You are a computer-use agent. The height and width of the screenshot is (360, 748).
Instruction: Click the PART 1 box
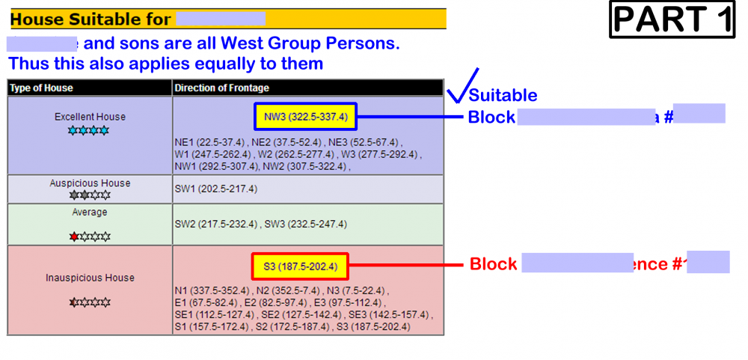(673, 19)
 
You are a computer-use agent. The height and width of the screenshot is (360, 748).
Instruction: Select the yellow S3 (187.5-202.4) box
(300, 266)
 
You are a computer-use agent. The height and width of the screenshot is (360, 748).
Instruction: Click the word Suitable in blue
(503, 95)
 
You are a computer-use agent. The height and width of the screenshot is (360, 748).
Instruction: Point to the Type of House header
(41, 88)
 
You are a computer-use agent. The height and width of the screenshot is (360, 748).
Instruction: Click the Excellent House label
(90, 117)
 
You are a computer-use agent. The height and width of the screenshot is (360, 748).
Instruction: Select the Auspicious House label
(90, 183)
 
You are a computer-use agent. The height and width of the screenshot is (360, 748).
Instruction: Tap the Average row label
(90, 213)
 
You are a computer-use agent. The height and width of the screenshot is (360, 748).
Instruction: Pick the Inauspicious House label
(90, 278)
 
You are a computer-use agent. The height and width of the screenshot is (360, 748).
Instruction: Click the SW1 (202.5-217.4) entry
(216, 189)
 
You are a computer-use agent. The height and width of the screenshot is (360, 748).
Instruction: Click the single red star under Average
(74, 237)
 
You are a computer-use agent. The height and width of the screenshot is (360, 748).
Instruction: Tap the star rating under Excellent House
(89, 130)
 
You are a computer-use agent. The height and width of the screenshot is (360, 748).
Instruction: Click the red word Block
(493, 264)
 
